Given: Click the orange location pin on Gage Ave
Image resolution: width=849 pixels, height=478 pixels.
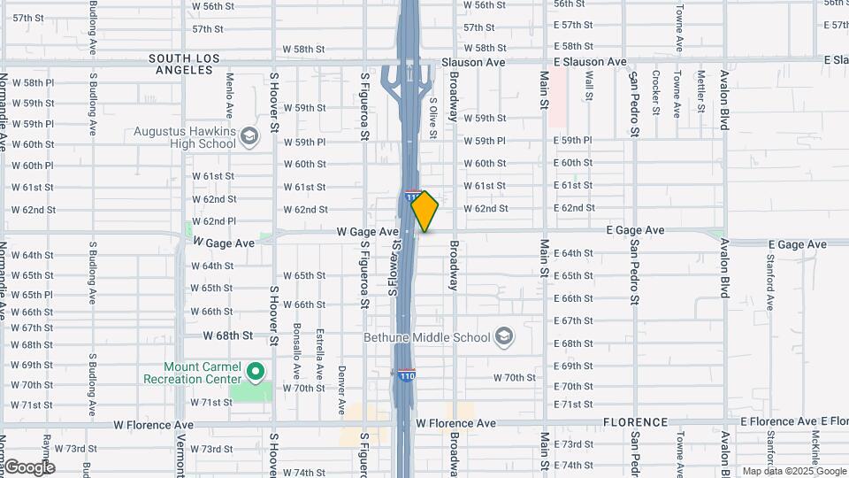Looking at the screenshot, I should [x=425, y=212].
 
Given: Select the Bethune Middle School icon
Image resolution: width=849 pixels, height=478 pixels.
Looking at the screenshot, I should [x=503, y=336].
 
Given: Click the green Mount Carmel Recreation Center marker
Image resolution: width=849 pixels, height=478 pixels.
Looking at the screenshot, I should [x=256, y=371].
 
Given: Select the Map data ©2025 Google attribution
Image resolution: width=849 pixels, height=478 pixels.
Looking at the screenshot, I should [x=792, y=471].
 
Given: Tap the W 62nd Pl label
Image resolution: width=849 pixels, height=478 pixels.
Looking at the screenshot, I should [x=219, y=221].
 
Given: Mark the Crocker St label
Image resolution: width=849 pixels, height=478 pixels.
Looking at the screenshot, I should [x=656, y=93].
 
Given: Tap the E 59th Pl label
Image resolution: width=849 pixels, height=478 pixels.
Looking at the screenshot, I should [x=573, y=140].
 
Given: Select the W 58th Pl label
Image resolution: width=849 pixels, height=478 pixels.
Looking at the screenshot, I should [x=33, y=82].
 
